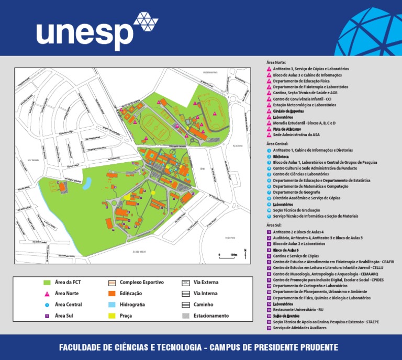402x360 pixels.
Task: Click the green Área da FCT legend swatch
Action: [47, 283]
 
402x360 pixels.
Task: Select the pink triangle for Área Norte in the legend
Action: [47, 294]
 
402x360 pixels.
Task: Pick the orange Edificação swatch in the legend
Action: [111, 294]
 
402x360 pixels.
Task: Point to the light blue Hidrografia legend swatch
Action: [111, 305]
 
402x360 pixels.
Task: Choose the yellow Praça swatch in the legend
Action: [111, 316]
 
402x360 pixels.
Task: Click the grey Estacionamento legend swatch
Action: [185, 316]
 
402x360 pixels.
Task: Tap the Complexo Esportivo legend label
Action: [141, 283]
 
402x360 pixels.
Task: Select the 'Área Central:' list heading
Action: [278, 143]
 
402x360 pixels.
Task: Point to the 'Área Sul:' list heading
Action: [274, 225]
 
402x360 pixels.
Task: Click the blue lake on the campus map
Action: [87, 183]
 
